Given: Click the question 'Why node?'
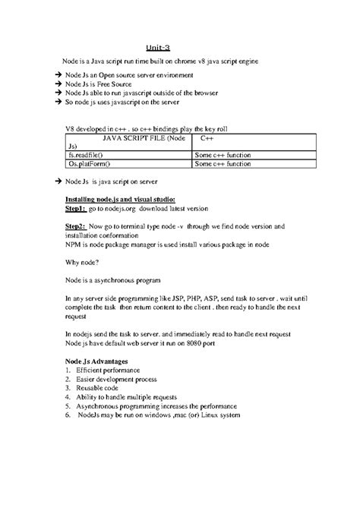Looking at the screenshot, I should pyautogui.click(x=83, y=263).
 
